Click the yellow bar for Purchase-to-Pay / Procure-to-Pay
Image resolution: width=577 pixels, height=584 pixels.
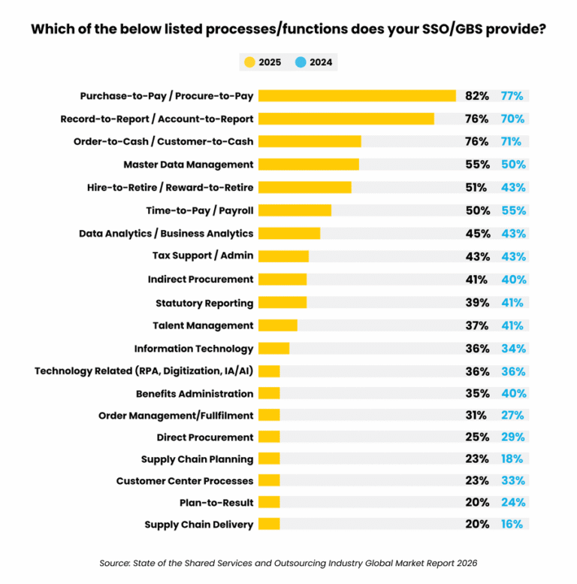pyautogui.click(x=357, y=95)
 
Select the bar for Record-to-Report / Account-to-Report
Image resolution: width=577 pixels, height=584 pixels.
pyautogui.click(x=346, y=119)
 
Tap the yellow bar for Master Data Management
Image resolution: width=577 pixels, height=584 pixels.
pyautogui.click(x=309, y=165)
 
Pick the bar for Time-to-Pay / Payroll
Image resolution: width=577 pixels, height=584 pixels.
pyautogui.click(x=295, y=210)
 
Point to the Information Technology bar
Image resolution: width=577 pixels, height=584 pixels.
pyautogui.click(x=273, y=348)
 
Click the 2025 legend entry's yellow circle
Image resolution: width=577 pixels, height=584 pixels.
pyautogui.click(x=249, y=62)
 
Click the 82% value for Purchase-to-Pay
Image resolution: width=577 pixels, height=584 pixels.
pyautogui.click(x=477, y=96)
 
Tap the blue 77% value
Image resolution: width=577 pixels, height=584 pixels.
pyautogui.click(x=514, y=96)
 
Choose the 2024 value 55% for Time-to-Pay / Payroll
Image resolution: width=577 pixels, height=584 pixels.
pyautogui.click(x=514, y=211)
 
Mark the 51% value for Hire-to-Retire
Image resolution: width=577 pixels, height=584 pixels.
pyautogui.click(x=476, y=188)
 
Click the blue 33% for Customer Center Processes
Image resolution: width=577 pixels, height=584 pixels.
pyautogui.click(x=514, y=481)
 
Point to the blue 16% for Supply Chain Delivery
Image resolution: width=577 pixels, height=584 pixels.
pyautogui.click(x=513, y=525)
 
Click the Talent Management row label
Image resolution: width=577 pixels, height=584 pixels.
pyautogui.click(x=203, y=325)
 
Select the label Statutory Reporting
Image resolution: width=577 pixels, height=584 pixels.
pyautogui.click(x=204, y=303)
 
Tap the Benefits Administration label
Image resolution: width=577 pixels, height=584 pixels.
pyautogui.click(x=195, y=394)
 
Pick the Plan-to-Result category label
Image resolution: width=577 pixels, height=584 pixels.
pyautogui.click(x=213, y=502)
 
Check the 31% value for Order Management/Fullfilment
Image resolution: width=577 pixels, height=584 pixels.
pyautogui.click(x=476, y=415)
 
